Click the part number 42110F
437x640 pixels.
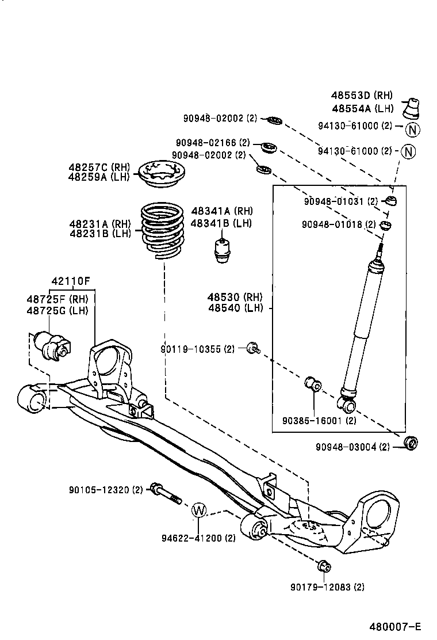[x=70, y=281]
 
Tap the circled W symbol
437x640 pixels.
[x=198, y=510]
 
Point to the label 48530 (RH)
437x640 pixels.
[x=235, y=297]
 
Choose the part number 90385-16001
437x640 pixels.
[x=312, y=421]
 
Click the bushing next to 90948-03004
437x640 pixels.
[x=411, y=443]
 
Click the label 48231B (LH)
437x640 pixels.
[x=100, y=233]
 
